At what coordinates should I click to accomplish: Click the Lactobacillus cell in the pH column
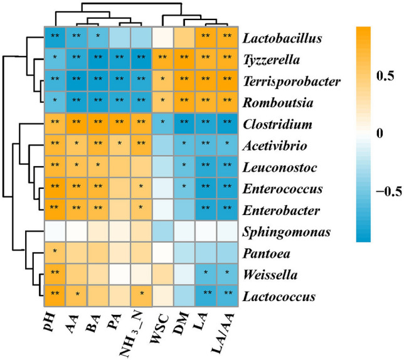pos(55,37)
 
